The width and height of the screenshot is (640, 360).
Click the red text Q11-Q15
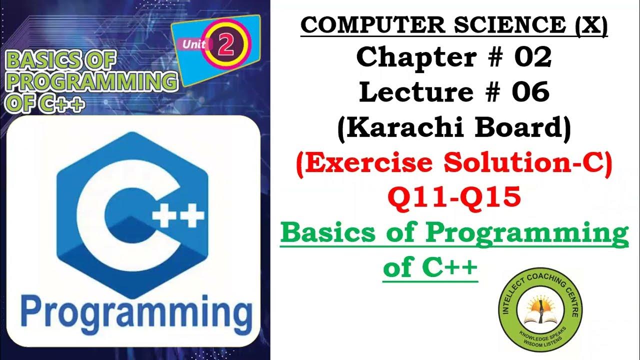click(x=453, y=198)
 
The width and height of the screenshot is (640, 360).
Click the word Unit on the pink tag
click(x=194, y=44)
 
